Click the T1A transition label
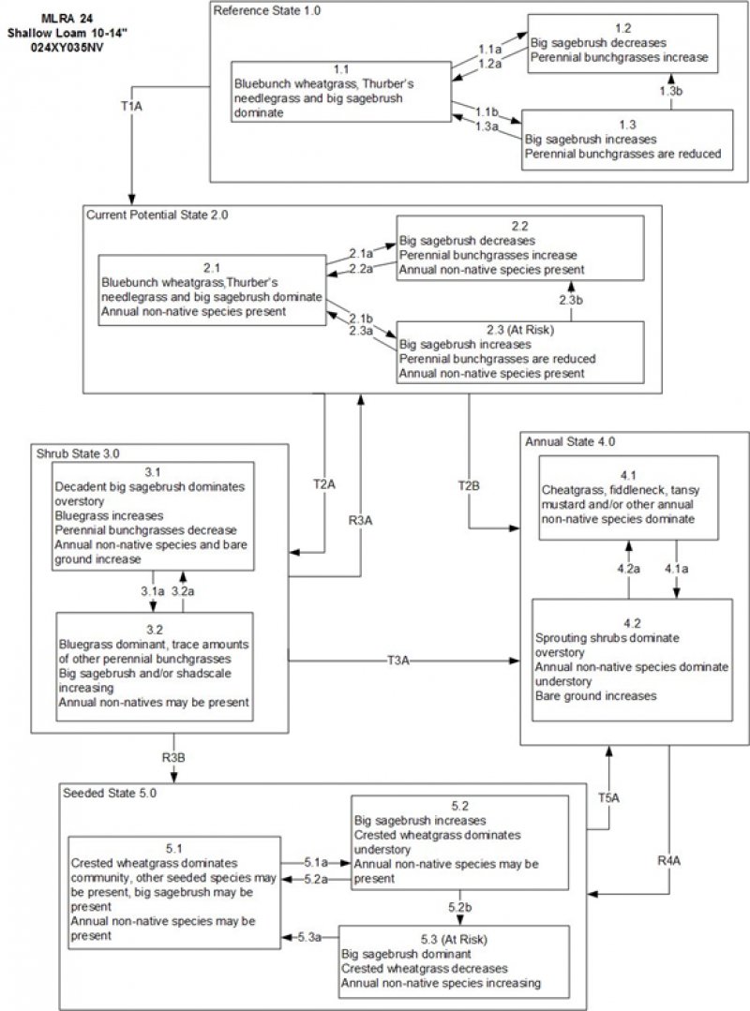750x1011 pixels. click(132, 107)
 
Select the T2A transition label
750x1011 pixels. click(324, 485)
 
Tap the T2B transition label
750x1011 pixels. click(468, 485)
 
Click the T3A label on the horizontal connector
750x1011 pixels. click(398, 660)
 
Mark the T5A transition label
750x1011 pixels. click(609, 799)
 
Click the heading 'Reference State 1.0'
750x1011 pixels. click(259, 10)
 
